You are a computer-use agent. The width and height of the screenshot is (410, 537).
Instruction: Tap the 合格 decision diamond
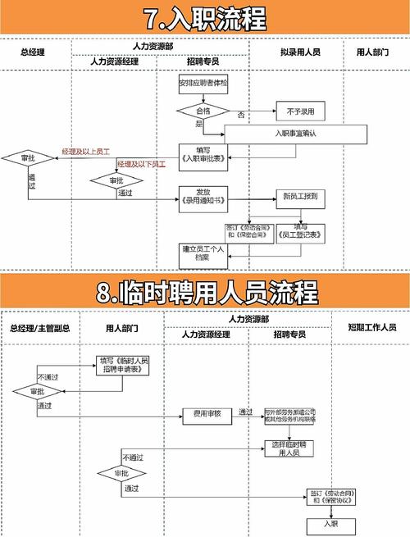(x=201, y=110)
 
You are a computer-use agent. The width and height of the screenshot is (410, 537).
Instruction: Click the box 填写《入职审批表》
(x=197, y=153)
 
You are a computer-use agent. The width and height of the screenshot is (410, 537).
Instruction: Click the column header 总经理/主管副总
(x=39, y=328)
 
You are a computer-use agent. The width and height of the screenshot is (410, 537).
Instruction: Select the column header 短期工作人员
(x=371, y=328)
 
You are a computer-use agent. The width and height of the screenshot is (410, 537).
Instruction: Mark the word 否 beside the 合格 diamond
(x=241, y=112)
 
